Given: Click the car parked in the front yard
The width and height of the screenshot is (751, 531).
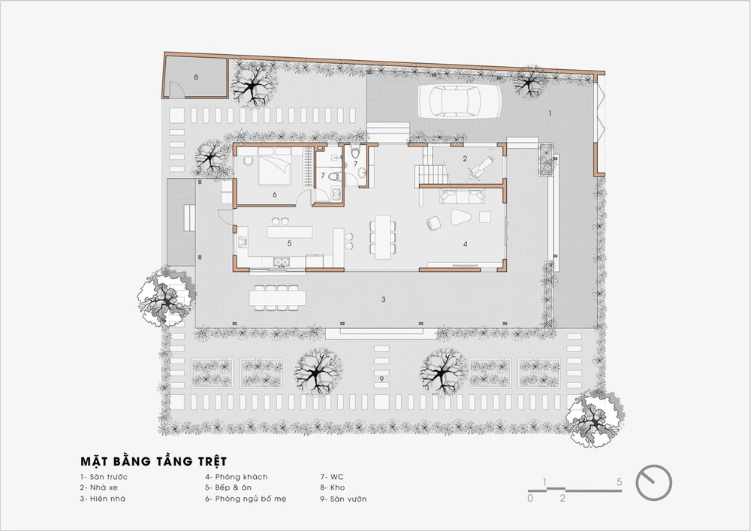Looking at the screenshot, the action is (x=460, y=101).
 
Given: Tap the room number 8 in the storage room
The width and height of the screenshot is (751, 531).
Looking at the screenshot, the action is (x=196, y=77).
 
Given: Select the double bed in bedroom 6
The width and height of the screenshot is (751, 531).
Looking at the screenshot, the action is (x=274, y=166).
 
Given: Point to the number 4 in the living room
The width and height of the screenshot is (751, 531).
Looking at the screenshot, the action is (x=466, y=244).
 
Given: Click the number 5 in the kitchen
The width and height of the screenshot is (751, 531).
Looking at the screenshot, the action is (x=289, y=243).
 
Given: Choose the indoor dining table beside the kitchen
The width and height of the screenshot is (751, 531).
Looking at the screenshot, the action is (x=383, y=237).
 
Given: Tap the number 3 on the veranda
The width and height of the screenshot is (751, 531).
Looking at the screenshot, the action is (x=383, y=300).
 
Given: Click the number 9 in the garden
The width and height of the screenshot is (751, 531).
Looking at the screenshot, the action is (x=382, y=379).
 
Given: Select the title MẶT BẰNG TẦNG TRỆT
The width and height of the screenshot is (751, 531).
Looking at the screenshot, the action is (x=153, y=462).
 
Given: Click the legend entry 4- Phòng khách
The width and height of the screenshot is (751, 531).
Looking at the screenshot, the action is (x=237, y=477).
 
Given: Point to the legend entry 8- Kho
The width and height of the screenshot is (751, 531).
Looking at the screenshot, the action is (x=333, y=488).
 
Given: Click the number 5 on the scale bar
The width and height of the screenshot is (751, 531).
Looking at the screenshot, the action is (x=620, y=481).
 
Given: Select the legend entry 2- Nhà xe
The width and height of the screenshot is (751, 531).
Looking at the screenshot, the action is (x=98, y=488).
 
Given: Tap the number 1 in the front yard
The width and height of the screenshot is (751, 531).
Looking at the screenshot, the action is (x=550, y=113).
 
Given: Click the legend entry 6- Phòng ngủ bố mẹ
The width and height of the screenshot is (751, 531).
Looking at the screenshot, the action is (x=246, y=499).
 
